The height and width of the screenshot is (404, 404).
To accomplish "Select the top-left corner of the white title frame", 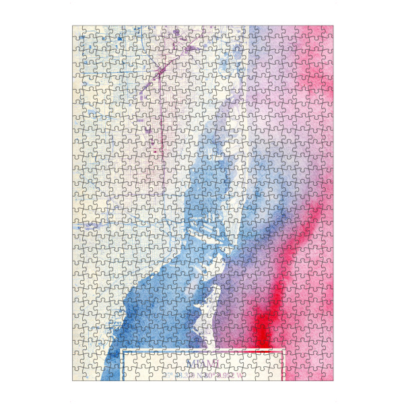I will click(123, 351).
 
